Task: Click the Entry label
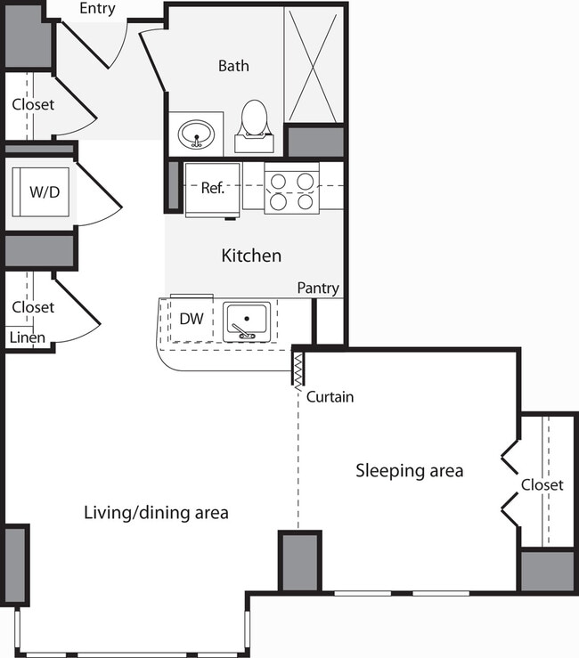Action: click(x=97, y=9)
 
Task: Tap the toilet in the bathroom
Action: click(x=255, y=125)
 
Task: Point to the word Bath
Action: click(x=233, y=66)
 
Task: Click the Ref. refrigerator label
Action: click(x=212, y=188)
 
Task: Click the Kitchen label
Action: click(x=251, y=256)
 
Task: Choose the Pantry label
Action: click(x=318, y=288)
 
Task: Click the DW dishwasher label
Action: click(x=189, y=318)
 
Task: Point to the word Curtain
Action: click(x=330, y=397)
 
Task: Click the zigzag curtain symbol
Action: click(x=299, y=368)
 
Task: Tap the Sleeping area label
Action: click(x=409, y=470)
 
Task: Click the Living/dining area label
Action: click(x=156, y=512)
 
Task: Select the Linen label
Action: click(x=27, y=337)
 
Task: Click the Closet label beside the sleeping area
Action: click(x=542, y=485)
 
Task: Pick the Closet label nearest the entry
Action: click(x=33, y=104)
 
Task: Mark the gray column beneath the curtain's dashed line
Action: click(x=300, y=560)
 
